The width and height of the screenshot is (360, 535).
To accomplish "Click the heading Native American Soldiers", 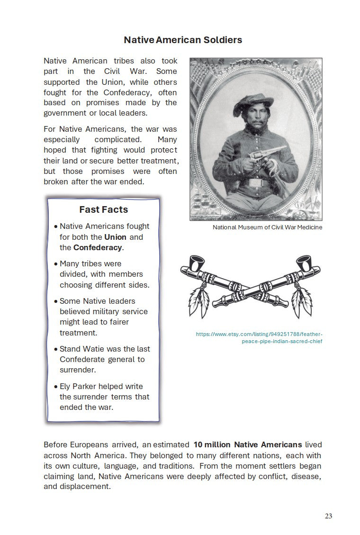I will point(183,40).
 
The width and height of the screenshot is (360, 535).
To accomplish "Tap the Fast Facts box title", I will point(103,209).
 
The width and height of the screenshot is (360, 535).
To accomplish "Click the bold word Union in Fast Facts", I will point(116,237).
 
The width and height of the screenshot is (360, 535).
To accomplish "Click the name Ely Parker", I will point(78,386).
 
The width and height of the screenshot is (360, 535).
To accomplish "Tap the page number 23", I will point(328,516).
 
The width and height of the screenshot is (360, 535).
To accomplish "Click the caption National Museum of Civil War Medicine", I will point(267,227).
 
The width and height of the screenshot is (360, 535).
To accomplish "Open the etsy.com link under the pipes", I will point(259,338).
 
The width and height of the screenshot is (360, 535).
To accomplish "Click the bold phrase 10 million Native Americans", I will point(248,445).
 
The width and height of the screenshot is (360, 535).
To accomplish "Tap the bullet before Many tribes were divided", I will point(56,264).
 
